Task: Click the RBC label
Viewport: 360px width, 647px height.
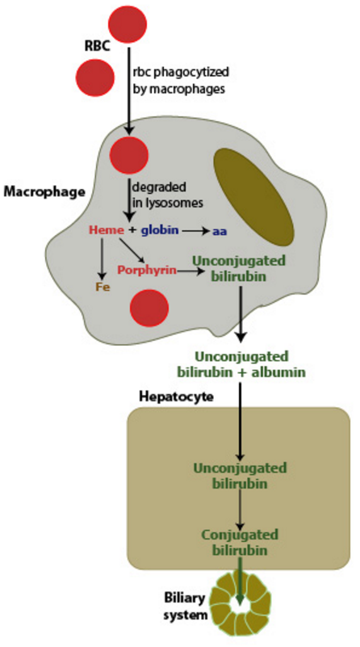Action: click(x=98, y=45)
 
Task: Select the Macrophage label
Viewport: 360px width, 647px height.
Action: click(x=44, y=191)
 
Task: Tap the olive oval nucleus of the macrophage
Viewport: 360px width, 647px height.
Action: click(x=253, y=196)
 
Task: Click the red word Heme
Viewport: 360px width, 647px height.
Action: click(x=107, y=230)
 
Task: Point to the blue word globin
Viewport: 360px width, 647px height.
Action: click(x=160, y=230)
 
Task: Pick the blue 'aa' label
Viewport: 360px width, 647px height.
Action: click(x=220, y=232)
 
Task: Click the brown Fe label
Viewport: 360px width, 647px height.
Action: click(x=103, y=287)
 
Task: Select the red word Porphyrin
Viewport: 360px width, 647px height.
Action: click(x=147, y=271)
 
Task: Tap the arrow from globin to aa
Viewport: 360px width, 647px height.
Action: click(x=196, y=232)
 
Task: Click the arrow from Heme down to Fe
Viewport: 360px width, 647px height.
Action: click(x=101, y=258)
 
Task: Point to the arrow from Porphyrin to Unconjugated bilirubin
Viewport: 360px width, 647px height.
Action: click(x=191, y=271)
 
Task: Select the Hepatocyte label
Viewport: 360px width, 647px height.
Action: click(x=176, y=397)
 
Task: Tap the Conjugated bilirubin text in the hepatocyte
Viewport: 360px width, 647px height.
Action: click(x=240, y=542)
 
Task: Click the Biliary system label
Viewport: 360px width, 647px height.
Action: click(x=186, y=606)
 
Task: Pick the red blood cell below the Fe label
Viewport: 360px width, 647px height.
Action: click(x=149, y=308)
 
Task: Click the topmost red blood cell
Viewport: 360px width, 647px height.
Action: click(x=128, y=24)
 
